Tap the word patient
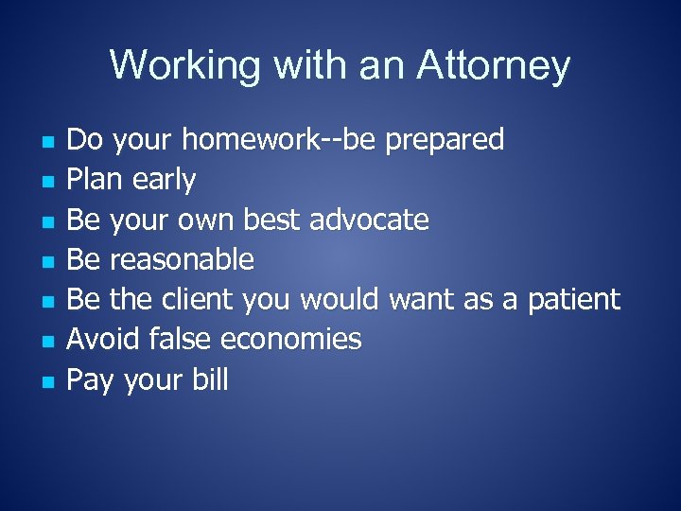573,300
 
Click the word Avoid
101,339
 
